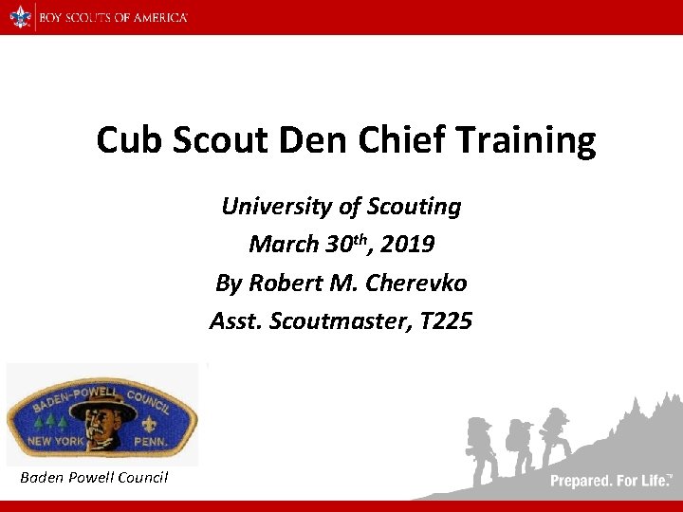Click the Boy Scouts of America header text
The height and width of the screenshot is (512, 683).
click(113, 17)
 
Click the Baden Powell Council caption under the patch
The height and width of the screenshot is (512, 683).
click(94, 477)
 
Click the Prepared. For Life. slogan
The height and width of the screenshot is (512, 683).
click(611, 481)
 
